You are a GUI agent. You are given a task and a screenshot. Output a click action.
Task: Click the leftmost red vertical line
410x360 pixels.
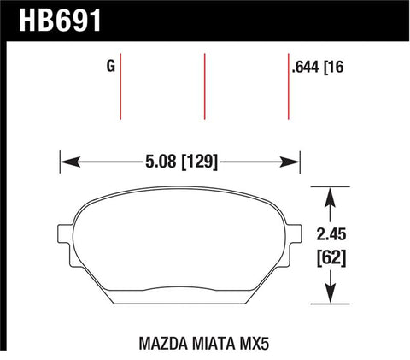[x=121, y=90]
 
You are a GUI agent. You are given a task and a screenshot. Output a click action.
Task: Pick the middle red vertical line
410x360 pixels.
[x=205, y=90]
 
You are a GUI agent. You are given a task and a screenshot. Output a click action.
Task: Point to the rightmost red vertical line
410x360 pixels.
[x=288, y=90]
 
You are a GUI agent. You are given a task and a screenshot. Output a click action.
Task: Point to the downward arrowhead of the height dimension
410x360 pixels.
[x=329, y=297]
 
